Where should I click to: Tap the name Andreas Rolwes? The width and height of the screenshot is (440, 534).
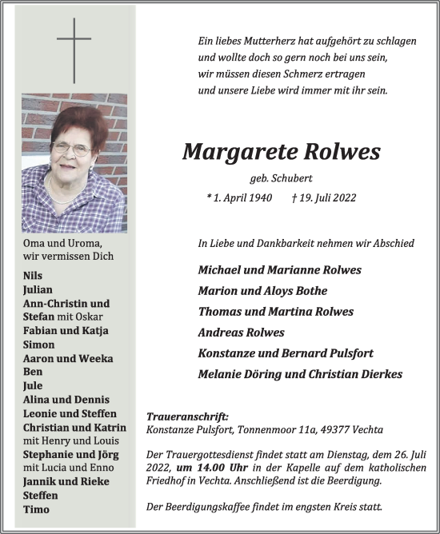(x=241, y=333)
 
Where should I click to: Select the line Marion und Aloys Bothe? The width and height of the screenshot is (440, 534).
(x=262, y=291)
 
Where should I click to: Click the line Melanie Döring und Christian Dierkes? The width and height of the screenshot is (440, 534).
(x=300, y=374)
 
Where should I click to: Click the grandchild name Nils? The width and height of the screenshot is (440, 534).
(x=34, y=275)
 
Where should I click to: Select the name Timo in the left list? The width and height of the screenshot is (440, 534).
(x=37, y=509)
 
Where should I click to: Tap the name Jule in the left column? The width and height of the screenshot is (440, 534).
(x=34, y=385)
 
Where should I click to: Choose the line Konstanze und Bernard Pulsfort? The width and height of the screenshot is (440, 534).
(x=286, y=353)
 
